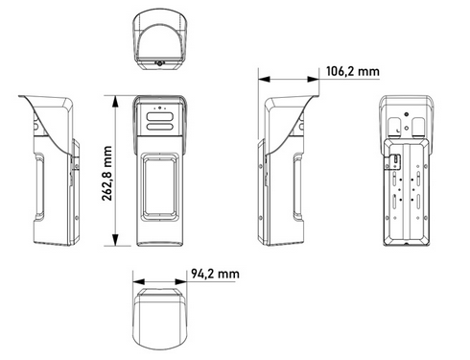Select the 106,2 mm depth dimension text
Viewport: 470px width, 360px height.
351,70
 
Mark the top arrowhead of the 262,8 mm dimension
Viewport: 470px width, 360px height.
116,97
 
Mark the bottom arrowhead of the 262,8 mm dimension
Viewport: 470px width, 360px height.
116,244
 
